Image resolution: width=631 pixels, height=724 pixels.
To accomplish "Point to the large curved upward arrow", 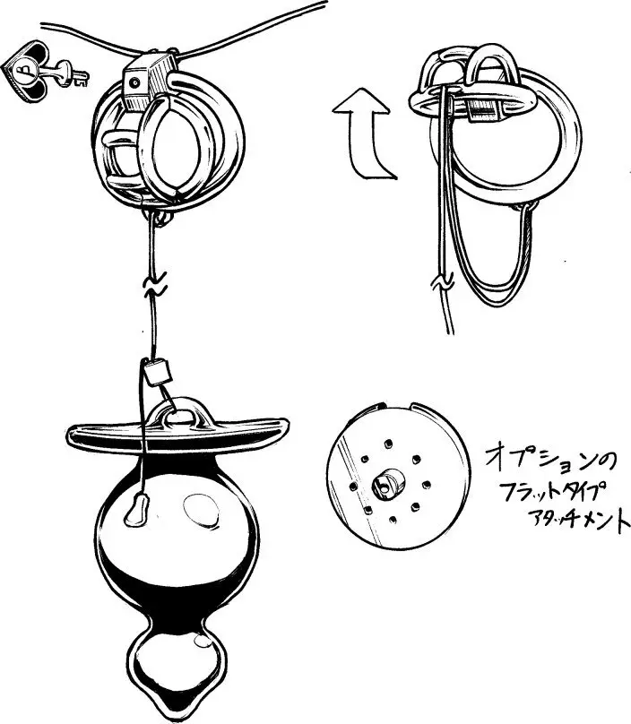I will pyautogui.click(x=362, y=134).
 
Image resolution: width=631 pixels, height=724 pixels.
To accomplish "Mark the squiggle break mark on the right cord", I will pyautogui.click(x=439, y=286).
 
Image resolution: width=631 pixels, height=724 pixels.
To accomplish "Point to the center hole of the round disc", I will pyautogui.click(x=386, y=485).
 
